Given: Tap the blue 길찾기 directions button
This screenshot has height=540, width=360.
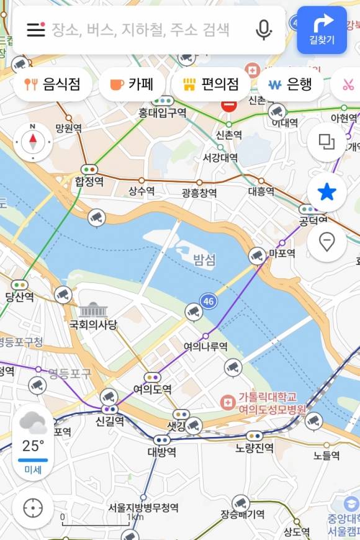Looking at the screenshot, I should pos(322,29).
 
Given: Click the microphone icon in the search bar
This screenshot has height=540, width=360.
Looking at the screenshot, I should pos(264,29).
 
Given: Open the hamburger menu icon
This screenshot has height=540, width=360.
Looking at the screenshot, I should pos(36,29).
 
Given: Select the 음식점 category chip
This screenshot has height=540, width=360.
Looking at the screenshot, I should pos(52,84).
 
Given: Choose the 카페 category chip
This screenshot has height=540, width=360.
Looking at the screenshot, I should pos(132,84).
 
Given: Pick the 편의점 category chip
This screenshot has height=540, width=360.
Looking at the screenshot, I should pos(211,84).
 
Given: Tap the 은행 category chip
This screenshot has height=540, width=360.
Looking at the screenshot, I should pos(290,84).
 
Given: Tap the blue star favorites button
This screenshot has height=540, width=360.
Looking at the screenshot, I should pos(326,192).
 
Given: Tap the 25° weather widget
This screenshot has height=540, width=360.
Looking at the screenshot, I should pos(33,442).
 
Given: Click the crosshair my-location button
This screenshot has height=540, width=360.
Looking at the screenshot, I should pos(33,508).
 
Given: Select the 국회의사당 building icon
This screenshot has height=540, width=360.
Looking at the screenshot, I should pos(93,310).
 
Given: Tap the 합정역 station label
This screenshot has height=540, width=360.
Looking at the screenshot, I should pos(89,181).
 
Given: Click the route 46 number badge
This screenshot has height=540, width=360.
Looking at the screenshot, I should pos(209,302).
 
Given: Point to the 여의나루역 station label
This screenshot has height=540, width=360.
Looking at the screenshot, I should pos(205,346).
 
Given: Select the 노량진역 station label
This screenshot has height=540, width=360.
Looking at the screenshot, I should pos(254,448).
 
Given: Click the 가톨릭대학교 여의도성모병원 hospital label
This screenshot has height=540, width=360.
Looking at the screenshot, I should pos(264,403).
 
